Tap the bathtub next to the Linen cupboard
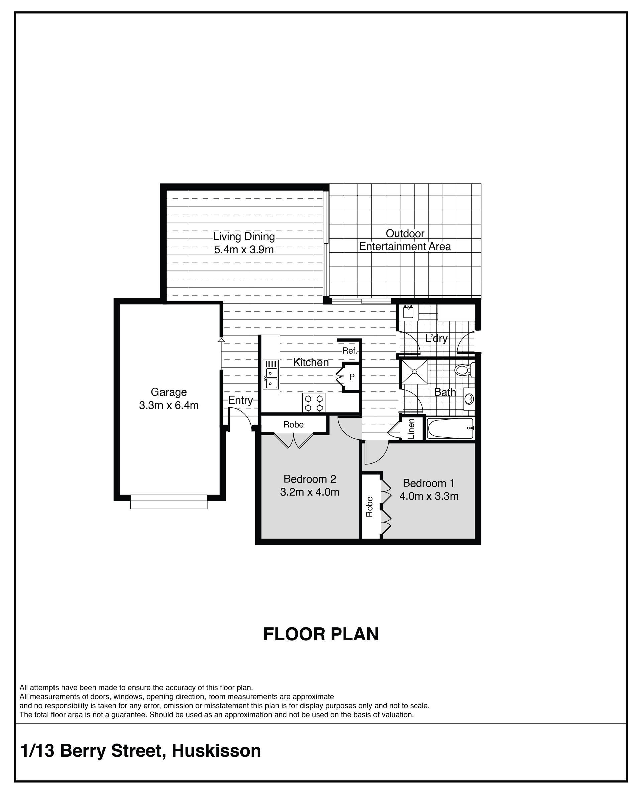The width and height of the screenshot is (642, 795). [451, 428]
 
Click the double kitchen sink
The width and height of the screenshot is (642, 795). [270, 374]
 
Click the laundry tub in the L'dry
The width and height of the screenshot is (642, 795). [408, 312]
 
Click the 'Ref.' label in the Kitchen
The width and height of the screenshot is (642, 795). [350, 351]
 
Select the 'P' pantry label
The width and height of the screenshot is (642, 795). [352, 377]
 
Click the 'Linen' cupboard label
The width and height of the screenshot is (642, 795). [411, 429]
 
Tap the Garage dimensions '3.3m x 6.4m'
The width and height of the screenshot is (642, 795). [169, 405]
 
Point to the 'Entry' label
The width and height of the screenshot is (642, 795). [240, 401]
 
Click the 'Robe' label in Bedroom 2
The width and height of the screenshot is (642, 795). [293, 425]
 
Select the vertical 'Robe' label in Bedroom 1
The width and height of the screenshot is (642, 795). [369, 506]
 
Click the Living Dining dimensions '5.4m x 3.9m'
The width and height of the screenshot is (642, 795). [244, 250]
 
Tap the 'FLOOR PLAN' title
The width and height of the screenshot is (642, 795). [321, 634]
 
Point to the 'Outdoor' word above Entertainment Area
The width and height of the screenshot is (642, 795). [405, 234]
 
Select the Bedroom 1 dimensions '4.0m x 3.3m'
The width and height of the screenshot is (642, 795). [429, 496]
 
